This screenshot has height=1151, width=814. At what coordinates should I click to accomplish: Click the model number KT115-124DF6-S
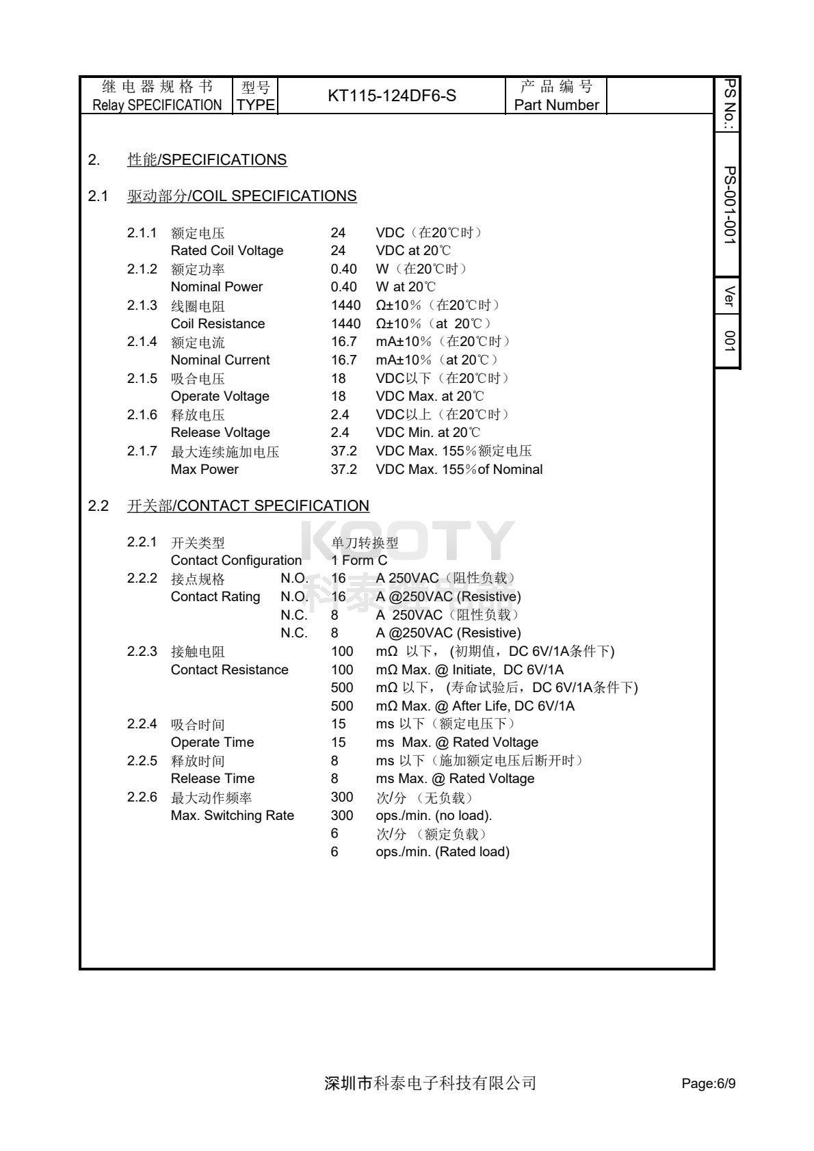click(392, 96)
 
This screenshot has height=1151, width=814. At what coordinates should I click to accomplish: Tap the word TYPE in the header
click(256, 105)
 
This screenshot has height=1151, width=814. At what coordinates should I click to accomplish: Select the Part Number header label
click(556, 105)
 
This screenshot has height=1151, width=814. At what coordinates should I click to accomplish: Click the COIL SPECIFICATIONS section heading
click(241, 196)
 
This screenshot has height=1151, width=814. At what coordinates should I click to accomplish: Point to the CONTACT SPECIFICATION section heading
click(248, 506)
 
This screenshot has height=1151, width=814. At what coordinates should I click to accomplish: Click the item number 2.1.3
click(142, 305)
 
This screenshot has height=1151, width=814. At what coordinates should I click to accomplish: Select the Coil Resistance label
click(218, 323)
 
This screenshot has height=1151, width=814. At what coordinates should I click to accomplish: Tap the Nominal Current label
click(220, 360)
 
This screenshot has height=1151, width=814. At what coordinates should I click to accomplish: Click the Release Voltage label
click(220, 432)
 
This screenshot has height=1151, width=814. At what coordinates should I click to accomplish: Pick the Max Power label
click(205, 469)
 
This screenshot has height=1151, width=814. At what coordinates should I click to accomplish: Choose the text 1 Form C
click(359, 560)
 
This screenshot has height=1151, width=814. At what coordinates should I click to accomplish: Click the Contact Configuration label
click(236, 560)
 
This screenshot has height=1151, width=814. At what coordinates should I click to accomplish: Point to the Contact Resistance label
click(229, 670)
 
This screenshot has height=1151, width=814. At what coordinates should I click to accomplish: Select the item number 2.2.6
click(142, 797)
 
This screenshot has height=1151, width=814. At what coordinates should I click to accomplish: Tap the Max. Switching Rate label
click(232, 815)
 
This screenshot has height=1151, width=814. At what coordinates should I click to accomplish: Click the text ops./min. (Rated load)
click(443, 851)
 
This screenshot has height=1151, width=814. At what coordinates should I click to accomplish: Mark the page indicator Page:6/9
click(708, 1083)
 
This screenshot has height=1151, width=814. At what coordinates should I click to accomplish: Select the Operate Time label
click(212, 742)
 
